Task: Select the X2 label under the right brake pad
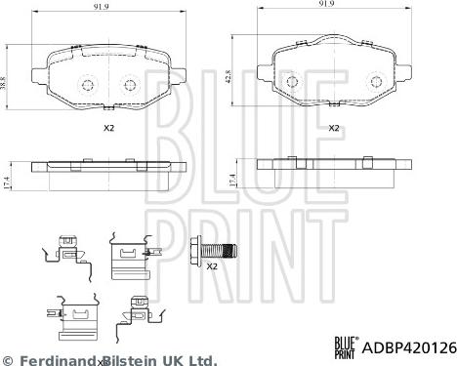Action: point(334,128)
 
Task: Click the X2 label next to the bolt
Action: point(211,267)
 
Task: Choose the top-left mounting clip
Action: point(63,251)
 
